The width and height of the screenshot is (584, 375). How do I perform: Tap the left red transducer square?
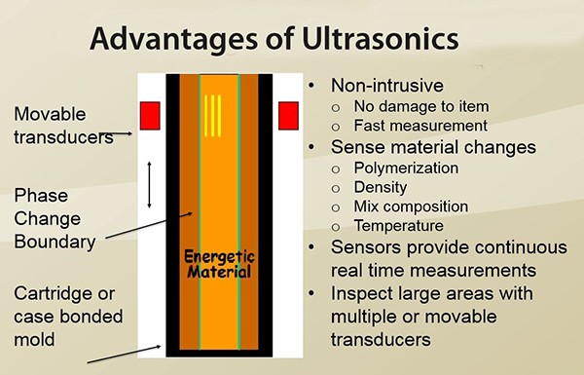(x=150, y=116)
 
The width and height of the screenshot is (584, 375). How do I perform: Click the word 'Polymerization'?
(x=406, y=168)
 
